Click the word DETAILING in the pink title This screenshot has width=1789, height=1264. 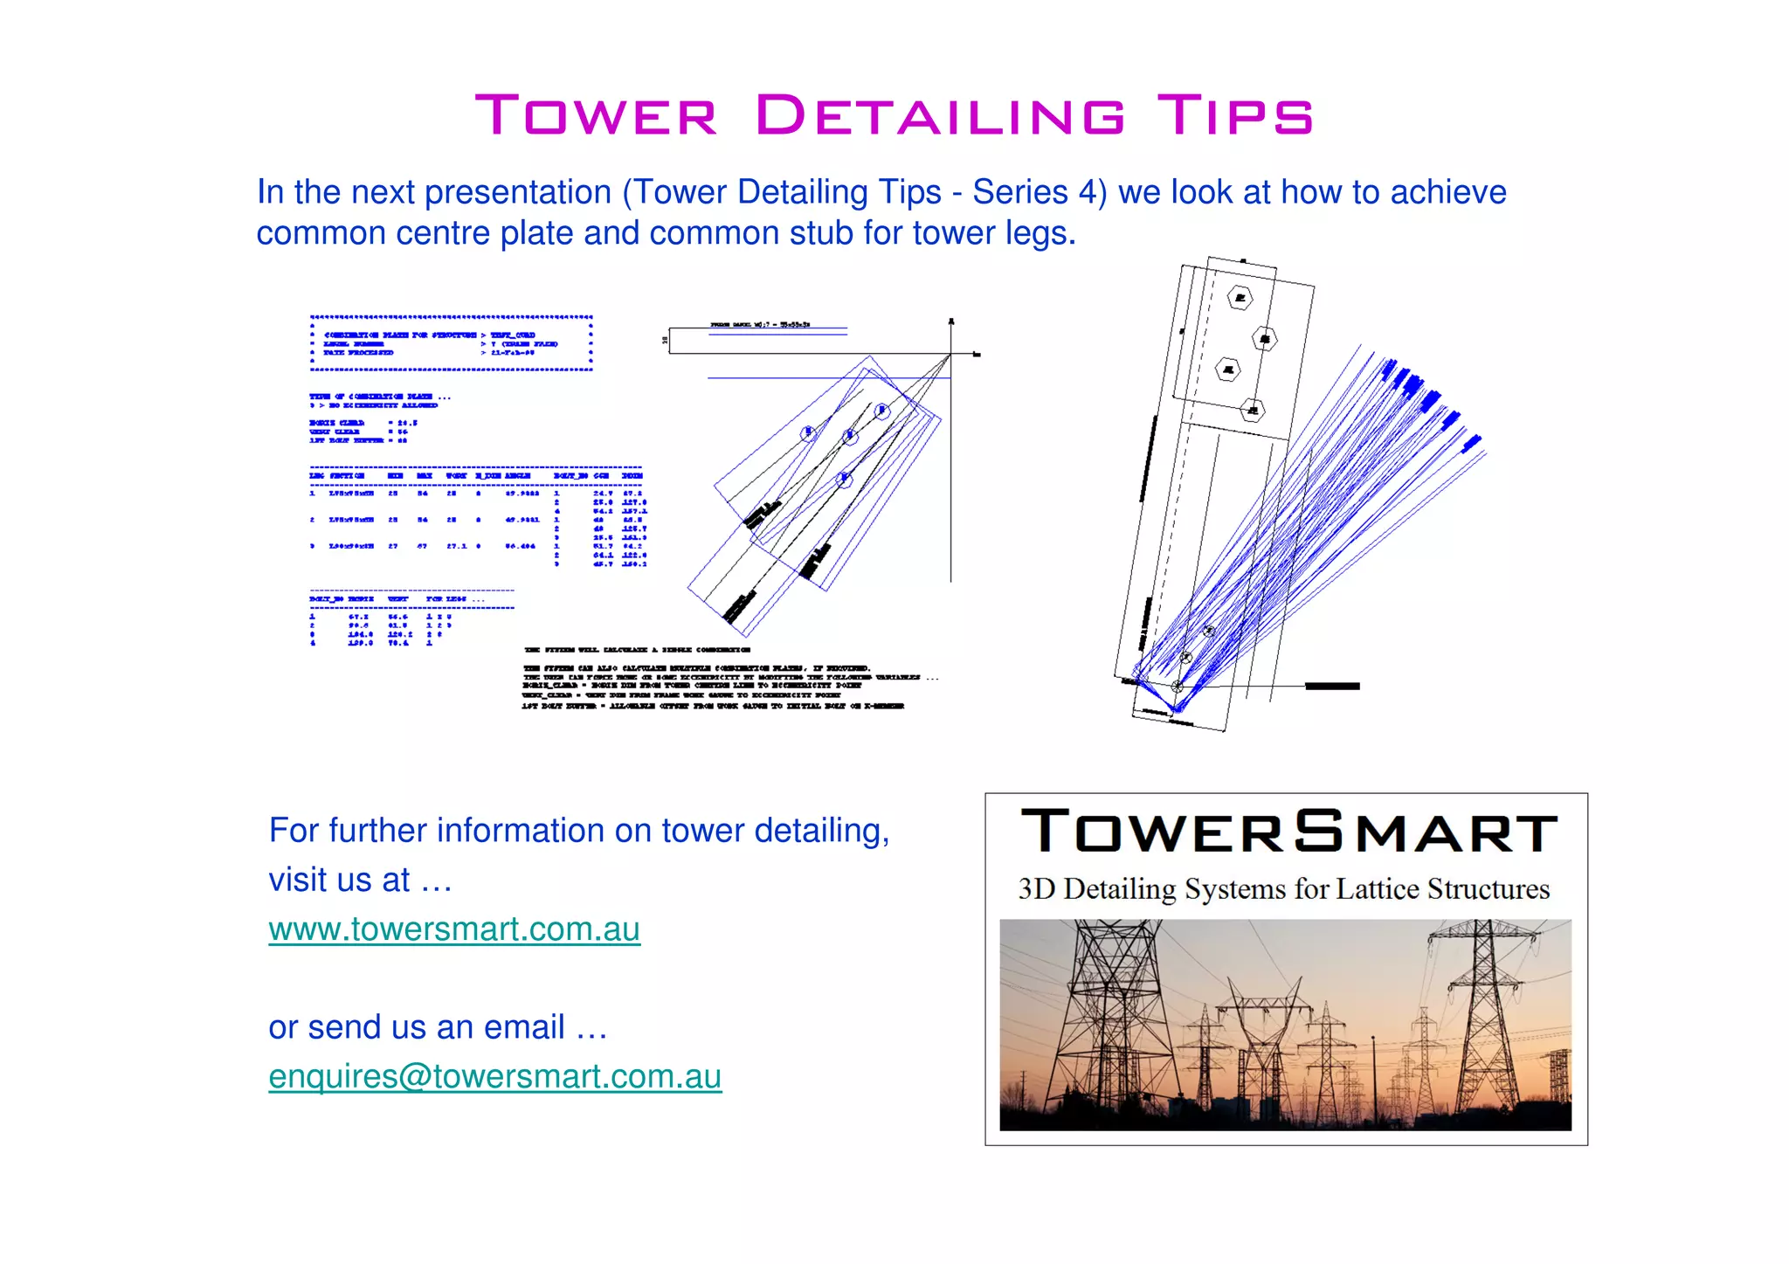pyautogui.click(x=941, y=116)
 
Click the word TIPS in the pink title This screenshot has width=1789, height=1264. pyautogui.click(x=1234, y=116)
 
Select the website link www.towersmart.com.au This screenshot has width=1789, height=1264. pyautogui.click(x=453, y=929)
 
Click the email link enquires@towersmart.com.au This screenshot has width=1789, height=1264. pyautogui.click(x=494, y=1077)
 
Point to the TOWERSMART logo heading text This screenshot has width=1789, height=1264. pyautogui.click(x=1288, y=832)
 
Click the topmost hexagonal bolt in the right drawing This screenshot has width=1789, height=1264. pyautogui.click(x=1240, y=299)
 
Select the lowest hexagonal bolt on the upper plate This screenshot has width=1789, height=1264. pyautogui.click(x=1253, y=410)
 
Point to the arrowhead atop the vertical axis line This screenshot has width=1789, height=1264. pyautogui.click(x=951, y=322)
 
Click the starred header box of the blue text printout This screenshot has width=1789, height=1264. pyautogui.click(x=451, y=343)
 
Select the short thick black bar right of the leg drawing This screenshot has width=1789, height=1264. pyautogui.click(x=1331, y=687)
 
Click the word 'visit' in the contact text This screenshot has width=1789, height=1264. pyautogui.click(x=297, y=881)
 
